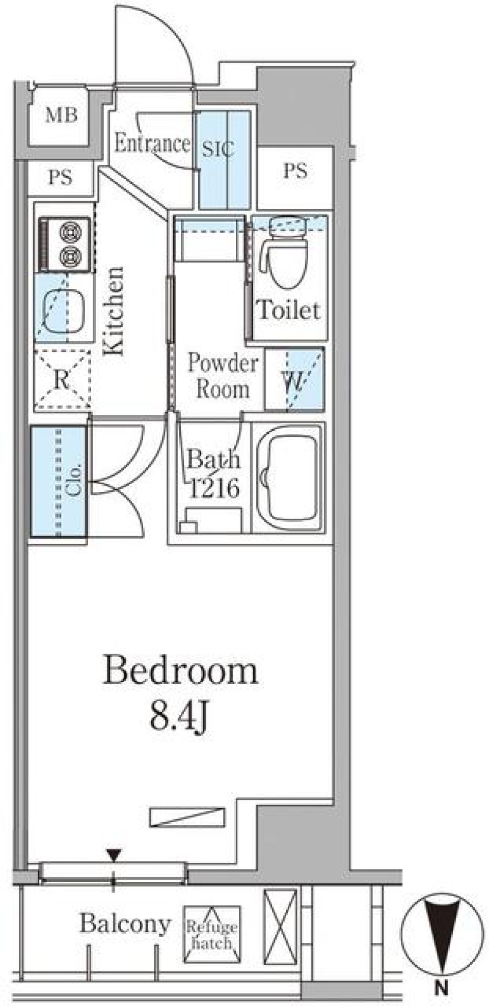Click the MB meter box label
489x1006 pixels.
point(61,115)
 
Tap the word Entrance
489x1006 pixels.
point(152,143)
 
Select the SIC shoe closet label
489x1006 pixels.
point(218,149)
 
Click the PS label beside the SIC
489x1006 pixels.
point(295,171)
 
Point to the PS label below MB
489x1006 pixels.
point(60,177)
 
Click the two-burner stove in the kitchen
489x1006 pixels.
point(65,244)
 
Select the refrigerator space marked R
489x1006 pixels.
point(62,379)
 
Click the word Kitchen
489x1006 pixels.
point(114,310)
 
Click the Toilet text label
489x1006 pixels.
point(289,310)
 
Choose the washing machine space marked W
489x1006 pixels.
point(294,379)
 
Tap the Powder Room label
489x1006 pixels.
point(223,376)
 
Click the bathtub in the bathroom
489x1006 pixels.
point(289,477)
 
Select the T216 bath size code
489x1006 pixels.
point(214,488)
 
